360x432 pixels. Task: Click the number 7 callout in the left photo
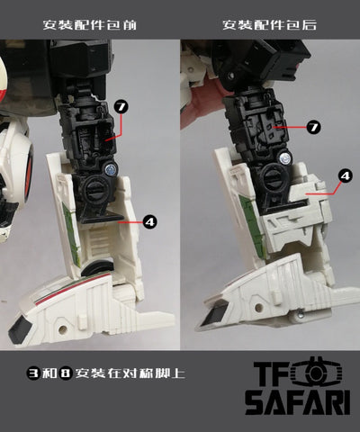point(121,107)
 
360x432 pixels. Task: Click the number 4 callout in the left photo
point(149,221)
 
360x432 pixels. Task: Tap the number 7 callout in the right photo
point(313,128)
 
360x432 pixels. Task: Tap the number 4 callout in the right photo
point(346,175)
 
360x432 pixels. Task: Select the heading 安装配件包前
point(89,24)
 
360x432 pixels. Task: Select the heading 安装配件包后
point(269,24)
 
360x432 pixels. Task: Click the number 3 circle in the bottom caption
point(33,373)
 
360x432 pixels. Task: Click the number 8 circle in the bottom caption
point(66,373)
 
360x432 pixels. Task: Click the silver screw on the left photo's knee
point(112,170)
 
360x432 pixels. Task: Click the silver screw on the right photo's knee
point(286,157)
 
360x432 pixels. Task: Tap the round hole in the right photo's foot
point(257,308)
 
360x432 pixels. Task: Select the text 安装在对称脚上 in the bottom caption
point(130,373)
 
